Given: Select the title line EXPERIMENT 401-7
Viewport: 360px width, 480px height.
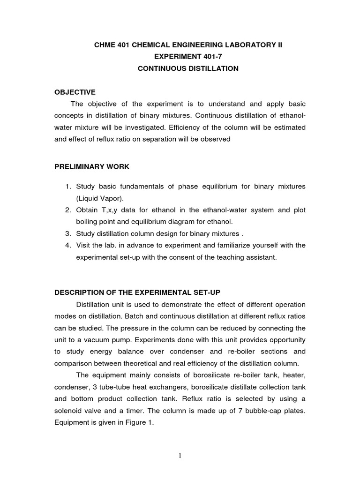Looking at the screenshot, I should coord(187,57).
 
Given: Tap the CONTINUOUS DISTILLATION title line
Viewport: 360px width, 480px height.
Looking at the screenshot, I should coord(187,68).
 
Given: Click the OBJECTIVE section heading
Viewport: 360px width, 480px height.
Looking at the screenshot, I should coord(75,92).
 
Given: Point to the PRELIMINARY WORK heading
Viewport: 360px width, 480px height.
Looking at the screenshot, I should coord(92,166).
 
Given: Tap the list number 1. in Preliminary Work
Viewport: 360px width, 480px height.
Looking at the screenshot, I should coord(68,187).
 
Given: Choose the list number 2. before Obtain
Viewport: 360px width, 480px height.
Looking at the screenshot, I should coord(68,210).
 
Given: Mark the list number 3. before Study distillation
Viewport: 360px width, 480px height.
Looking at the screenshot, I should coord(68,234).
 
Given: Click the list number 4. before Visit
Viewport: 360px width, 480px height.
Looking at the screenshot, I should coord(68,246).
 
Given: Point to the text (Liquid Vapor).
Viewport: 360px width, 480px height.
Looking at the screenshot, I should coord(99,198).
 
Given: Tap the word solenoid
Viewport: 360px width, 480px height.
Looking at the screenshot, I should coord(71,410).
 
